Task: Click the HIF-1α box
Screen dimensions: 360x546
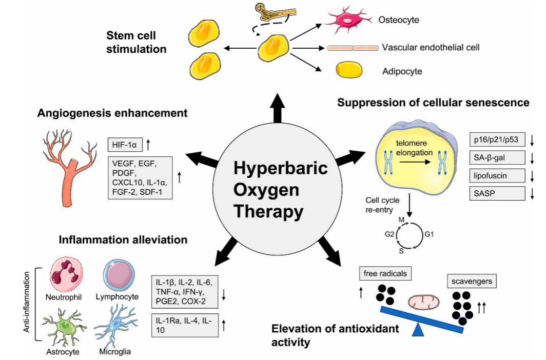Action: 125,145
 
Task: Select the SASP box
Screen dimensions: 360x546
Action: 497,194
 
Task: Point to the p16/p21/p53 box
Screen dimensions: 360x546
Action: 497,139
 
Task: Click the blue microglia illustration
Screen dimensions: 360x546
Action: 116,326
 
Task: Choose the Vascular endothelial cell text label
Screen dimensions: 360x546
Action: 431,48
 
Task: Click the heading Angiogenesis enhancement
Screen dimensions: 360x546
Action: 112,113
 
